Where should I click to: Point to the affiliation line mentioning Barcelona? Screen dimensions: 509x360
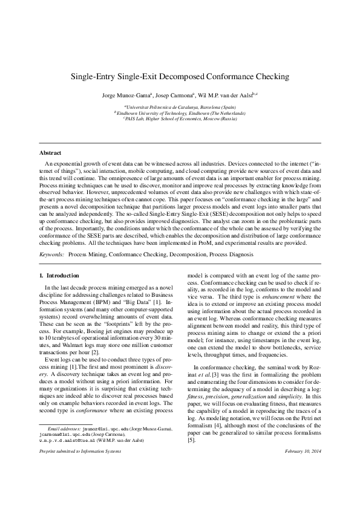pos(180,106)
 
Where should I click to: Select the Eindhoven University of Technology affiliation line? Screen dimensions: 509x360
pos(180,112)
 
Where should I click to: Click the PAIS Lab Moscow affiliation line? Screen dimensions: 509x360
pos(180,118)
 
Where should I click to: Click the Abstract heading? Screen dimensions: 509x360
pos(50,153)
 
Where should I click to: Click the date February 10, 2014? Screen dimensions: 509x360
pos(301,485)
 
